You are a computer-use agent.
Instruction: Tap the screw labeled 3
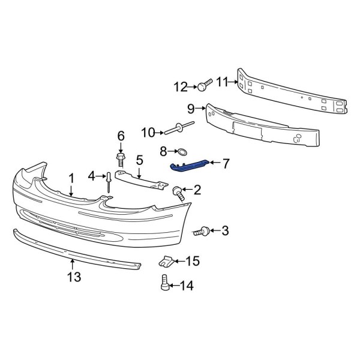tap(204, 230)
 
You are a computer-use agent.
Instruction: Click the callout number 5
tap(139, 160)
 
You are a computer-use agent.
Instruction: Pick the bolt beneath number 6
tap(120, 160)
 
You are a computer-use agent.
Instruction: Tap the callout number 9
tap(191, 109)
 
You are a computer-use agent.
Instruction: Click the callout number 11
tap(221, 82)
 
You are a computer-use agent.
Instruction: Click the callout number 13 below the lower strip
tap(73, 277)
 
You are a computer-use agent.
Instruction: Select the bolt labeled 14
tap(164, 283)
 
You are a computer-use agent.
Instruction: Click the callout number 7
tap(226, 163)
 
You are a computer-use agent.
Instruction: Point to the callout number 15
tap(193, 261)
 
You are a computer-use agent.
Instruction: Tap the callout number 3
tap(226, 230)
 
